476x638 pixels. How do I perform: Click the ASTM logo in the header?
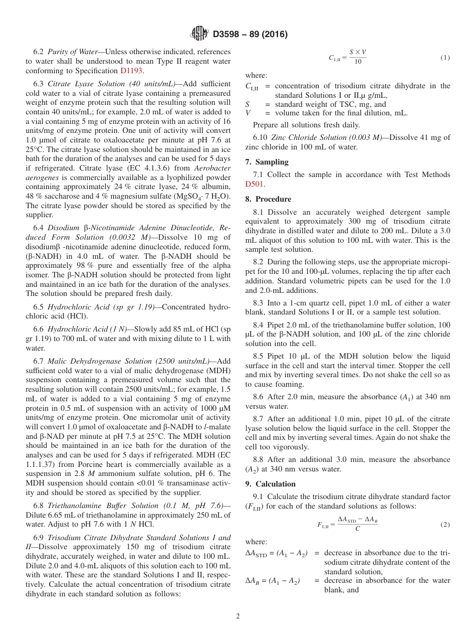coord(199,34)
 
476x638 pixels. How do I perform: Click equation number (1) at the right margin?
coord(445,58)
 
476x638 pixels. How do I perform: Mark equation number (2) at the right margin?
coord(445,525)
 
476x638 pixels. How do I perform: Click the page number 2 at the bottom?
coord(238,616)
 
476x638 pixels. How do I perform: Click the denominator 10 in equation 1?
coord(358,62)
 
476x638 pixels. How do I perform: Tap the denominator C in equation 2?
coord(357,529)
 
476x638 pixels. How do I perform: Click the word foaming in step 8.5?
coord(290,384)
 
